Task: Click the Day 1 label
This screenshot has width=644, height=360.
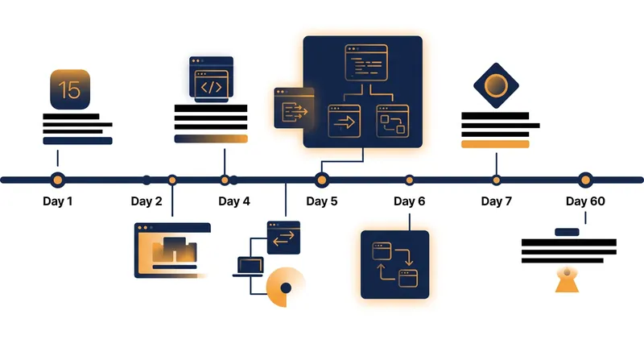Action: coord(57,201)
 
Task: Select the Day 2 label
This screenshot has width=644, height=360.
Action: coord(147,201)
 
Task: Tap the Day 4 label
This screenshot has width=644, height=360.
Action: coord(234,201)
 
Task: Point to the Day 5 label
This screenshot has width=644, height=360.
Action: coord(321,201)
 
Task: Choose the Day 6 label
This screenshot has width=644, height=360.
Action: coord(409,201)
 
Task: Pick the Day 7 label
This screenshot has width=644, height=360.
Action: coord(496,201)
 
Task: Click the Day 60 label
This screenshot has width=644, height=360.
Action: coord(585,201)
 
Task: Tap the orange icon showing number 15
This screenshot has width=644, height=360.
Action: coord(70,89)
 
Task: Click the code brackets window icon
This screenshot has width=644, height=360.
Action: coord(211,79)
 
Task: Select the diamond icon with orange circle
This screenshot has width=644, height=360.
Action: coord(496,85)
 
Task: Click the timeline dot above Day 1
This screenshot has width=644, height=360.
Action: coord(57,180)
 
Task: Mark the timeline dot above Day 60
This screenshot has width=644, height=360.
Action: coord(585,180)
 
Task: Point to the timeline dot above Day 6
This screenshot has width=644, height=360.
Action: coord(409,180)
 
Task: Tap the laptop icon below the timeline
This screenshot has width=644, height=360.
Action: coord(249,267)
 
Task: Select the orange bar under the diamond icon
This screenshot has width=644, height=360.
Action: coord(495,144)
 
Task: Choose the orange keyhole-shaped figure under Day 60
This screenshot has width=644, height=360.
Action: coord(567,280)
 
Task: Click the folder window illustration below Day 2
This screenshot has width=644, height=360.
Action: coord(172,250)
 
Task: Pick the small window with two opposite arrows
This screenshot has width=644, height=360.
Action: coord(283,238)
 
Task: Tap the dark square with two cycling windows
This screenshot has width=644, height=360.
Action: coord(394,264)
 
